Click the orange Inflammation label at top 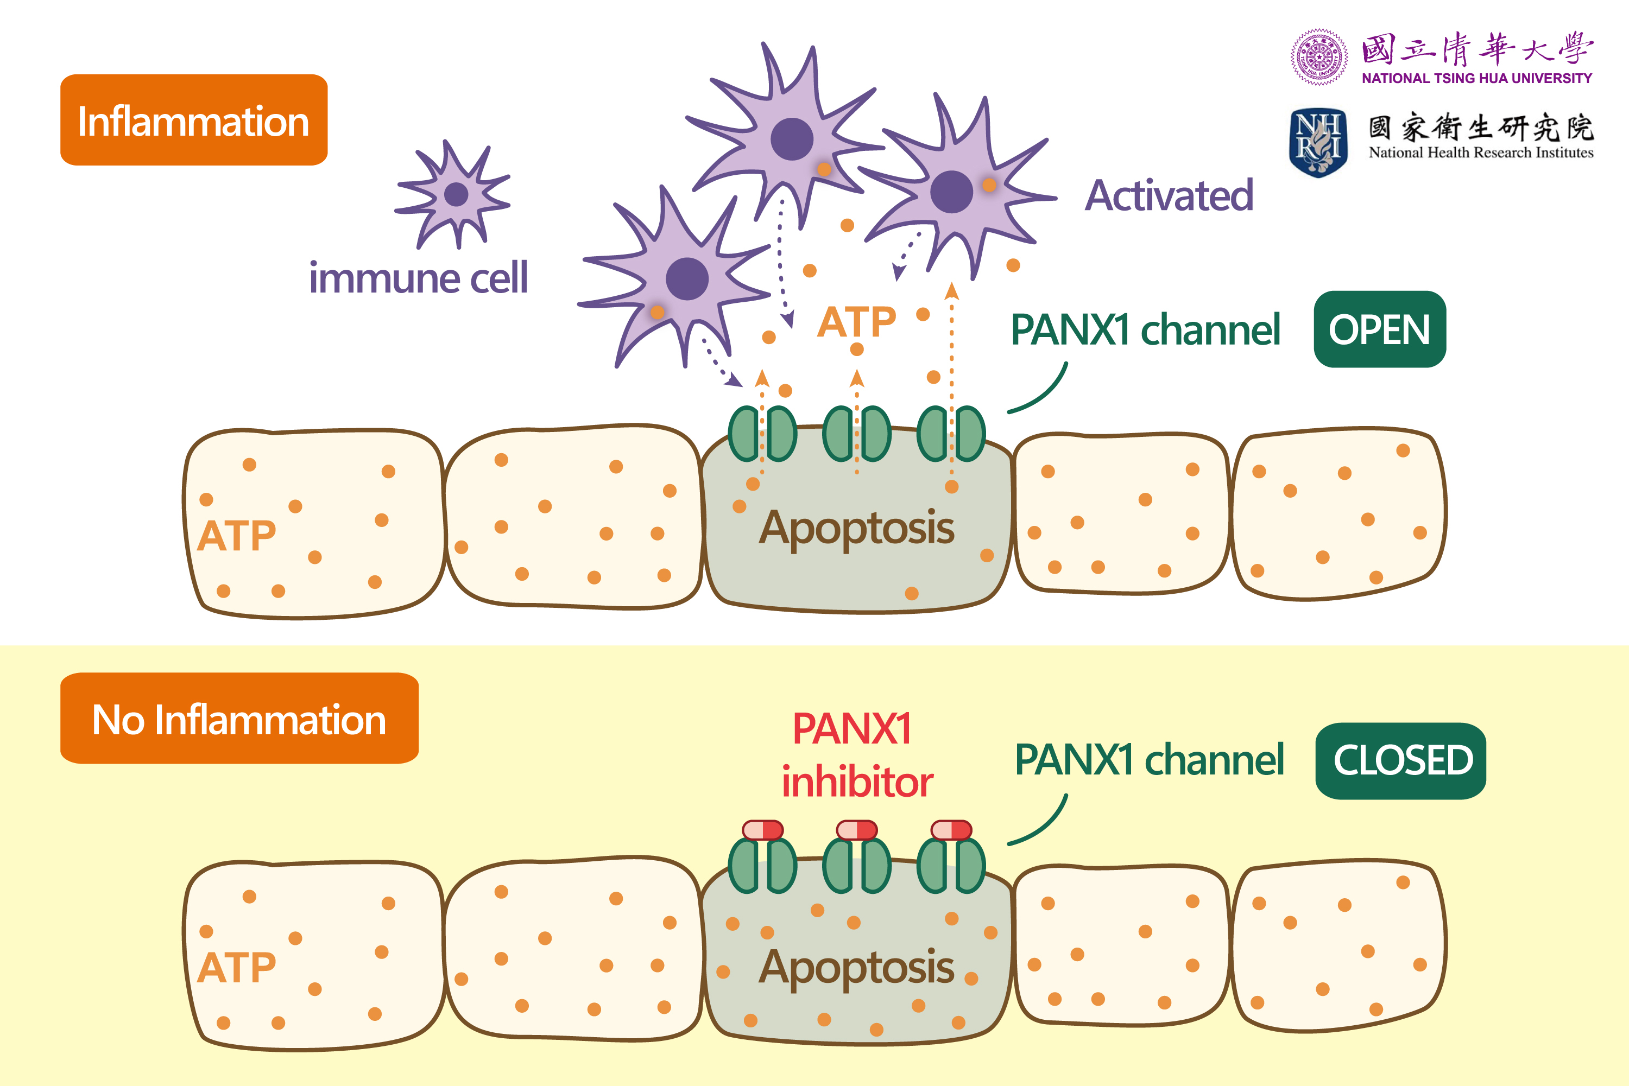[193, 120]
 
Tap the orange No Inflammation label [239, 719]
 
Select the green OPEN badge [1379, 329]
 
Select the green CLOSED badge [1400, 760]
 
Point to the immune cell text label [418, 278]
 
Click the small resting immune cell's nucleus [456, 195]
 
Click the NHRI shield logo [1318, 143]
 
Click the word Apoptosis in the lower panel [856, 968]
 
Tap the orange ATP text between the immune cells [856, 322]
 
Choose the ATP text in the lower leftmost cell [236, 968]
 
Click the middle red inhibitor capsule [856, 830]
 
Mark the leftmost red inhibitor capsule [762, 830]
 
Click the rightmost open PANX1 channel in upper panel [951, 434]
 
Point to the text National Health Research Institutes [1480, 153]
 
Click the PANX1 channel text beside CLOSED [1149, 760]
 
